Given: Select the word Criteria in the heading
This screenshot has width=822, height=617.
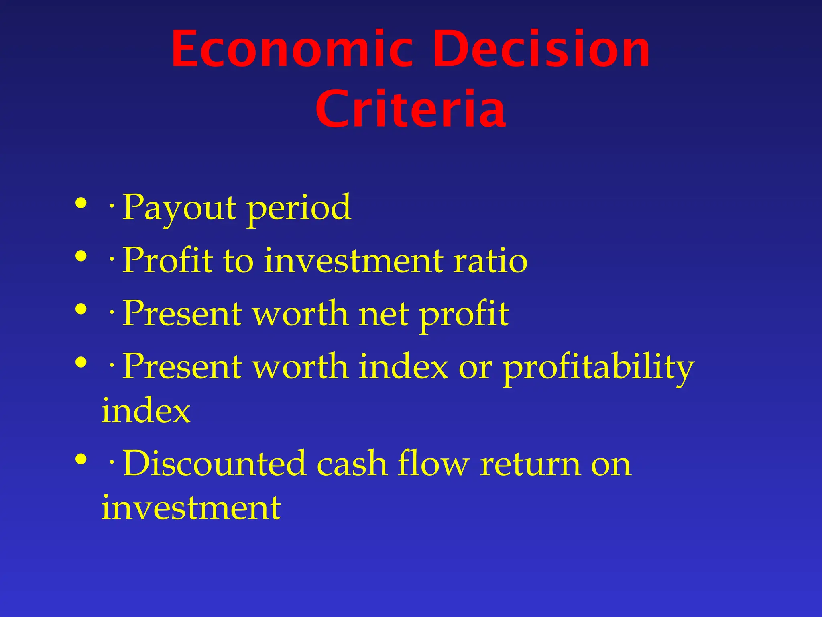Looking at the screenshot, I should [x=410, y=109].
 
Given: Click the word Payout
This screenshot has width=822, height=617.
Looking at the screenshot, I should [x=179, y=208].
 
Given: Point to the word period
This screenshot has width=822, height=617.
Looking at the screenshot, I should [x=299, y=208].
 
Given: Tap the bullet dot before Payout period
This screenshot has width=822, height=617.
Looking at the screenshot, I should [x=81, y=203].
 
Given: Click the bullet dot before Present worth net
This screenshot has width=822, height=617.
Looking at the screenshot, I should [x=81, y=309].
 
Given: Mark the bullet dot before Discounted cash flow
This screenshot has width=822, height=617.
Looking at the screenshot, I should [x=81, y=459].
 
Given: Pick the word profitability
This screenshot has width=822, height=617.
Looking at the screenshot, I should [x=598, y=367].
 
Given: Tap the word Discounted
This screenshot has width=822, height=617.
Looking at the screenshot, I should [x=214, y=464].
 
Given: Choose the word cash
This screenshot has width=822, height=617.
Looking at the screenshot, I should [x=352, y=464].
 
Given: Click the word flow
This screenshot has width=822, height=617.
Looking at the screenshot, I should [x=433, y=464].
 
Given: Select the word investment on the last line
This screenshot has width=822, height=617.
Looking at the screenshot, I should [x=191, y=508].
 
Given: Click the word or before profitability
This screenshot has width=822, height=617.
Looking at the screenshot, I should [x=475, y=367].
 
